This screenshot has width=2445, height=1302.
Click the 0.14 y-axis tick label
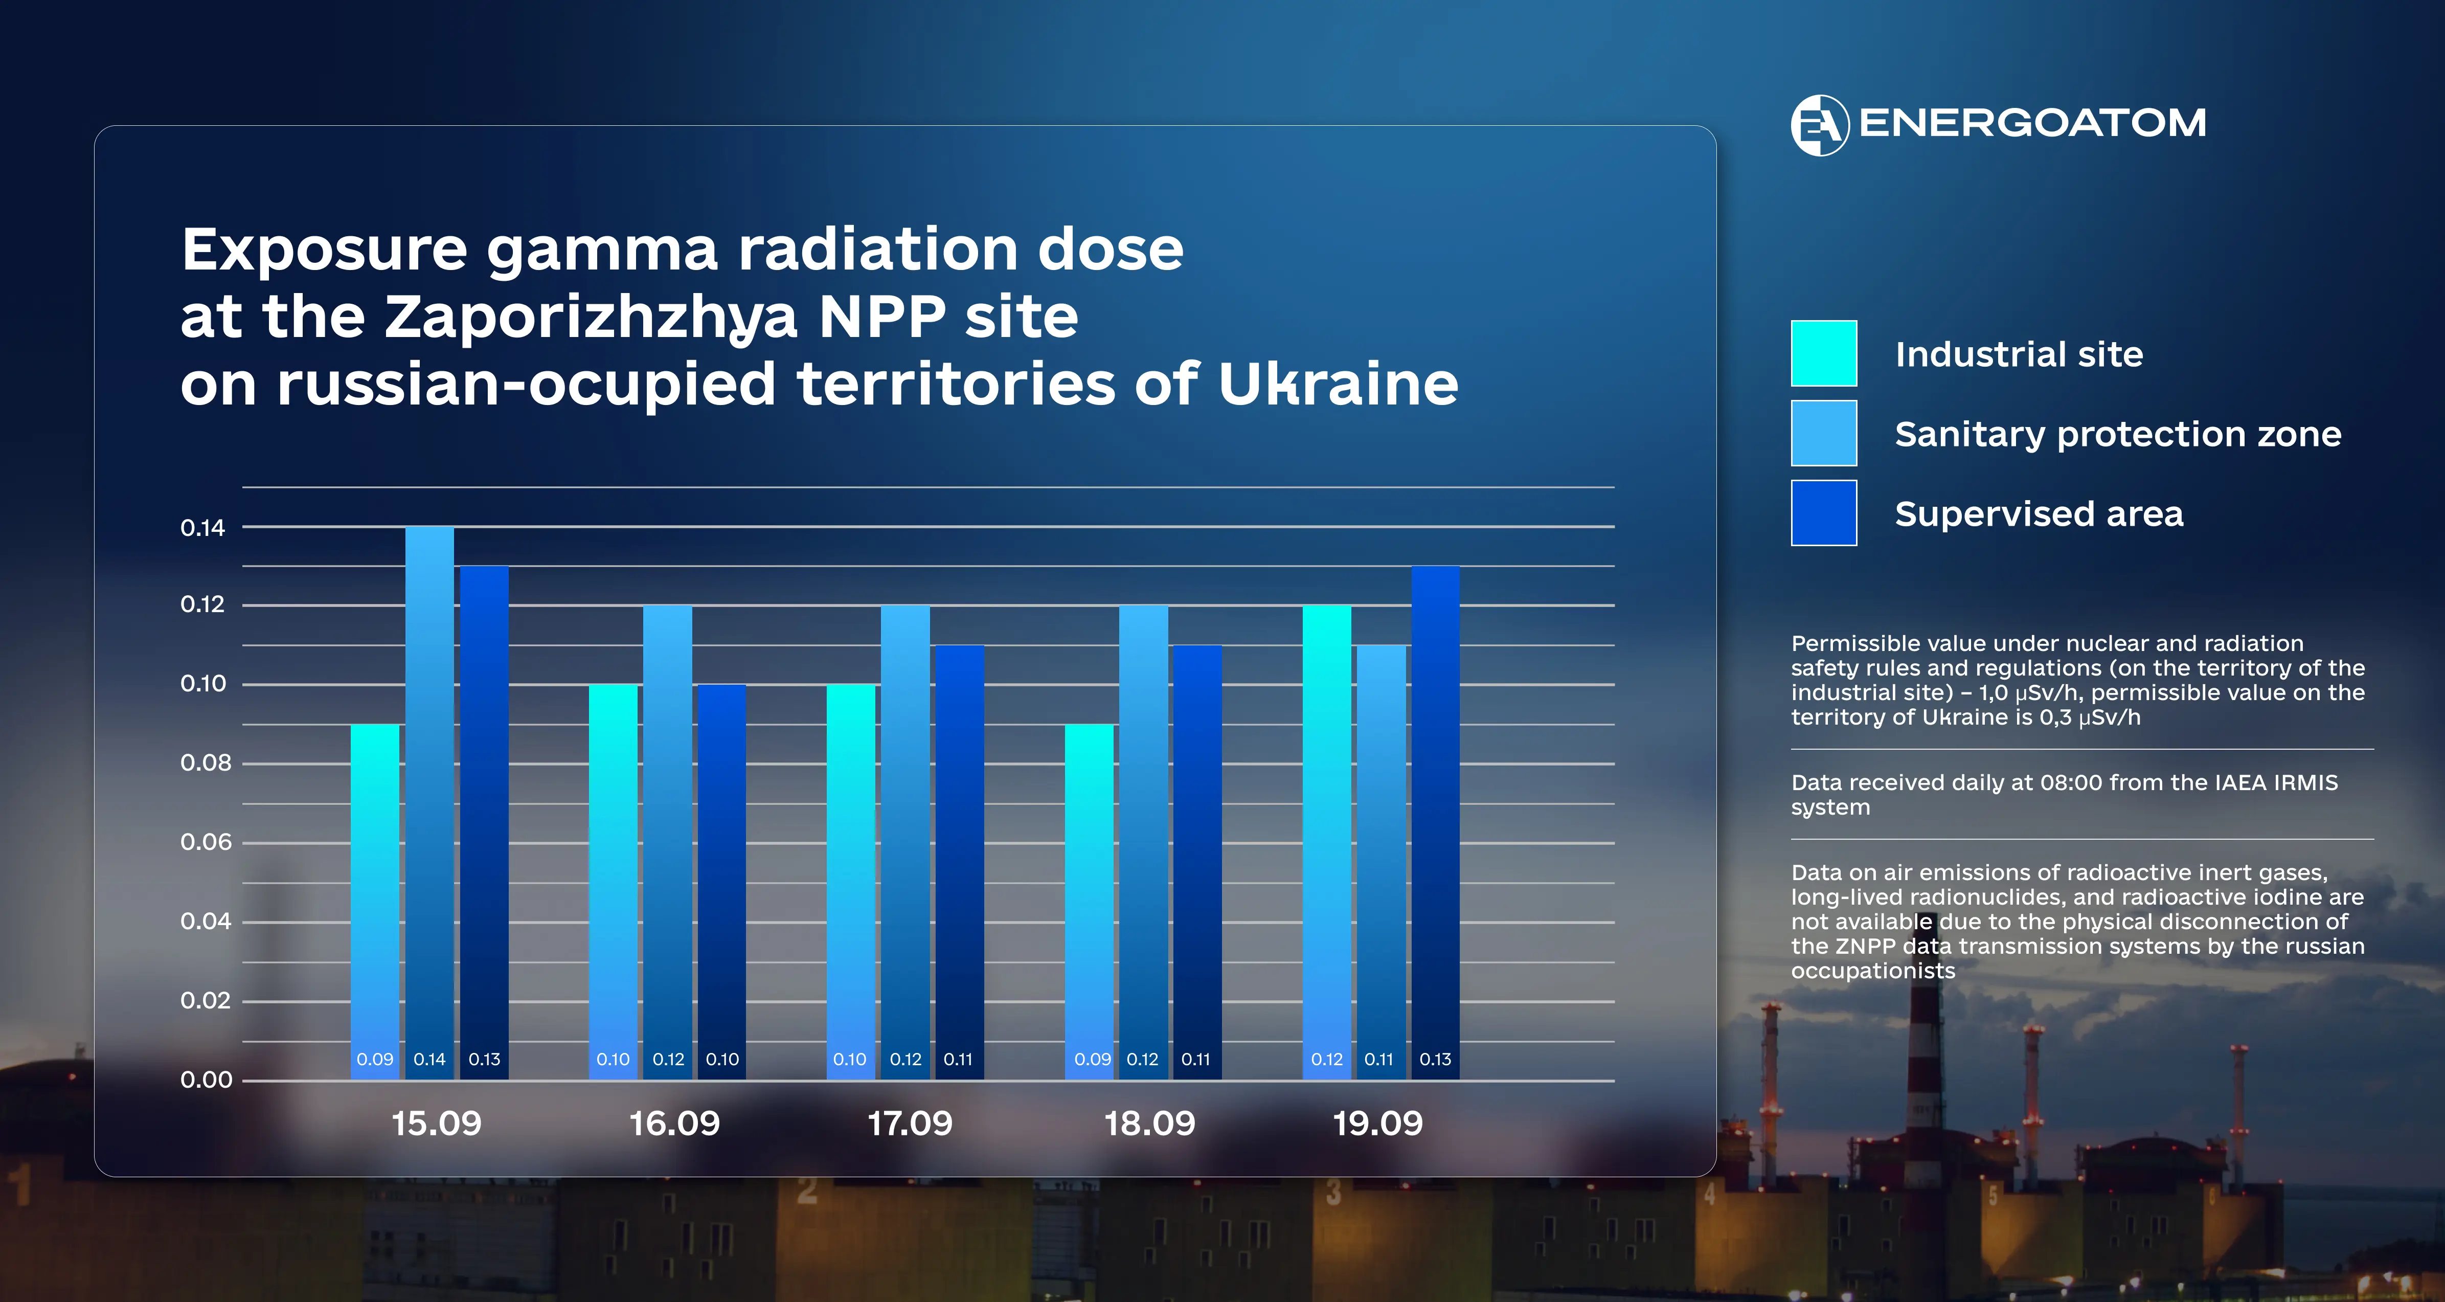point(203,528)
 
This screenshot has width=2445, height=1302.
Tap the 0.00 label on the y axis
point(206,1080)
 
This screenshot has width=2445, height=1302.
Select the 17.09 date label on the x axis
point(909,1124)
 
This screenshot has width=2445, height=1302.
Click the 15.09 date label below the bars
point(437,1124)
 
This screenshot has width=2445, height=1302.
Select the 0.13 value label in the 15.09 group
point(484,1059)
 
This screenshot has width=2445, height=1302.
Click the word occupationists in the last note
point(1873,971)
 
